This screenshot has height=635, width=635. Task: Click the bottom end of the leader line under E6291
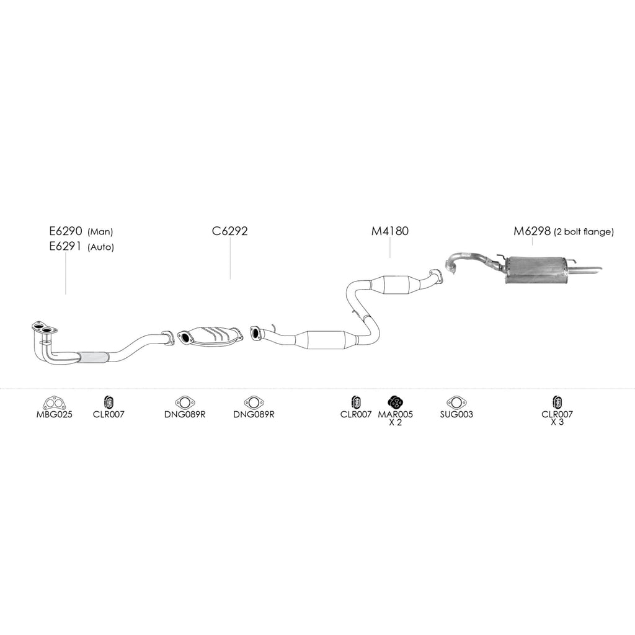click(x=66, y=294)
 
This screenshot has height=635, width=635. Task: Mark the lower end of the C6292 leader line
click(x=230, y=280)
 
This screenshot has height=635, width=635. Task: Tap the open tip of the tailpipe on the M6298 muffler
click(x=602, y=269)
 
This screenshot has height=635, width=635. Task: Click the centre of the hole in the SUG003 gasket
click(x=456, y=402)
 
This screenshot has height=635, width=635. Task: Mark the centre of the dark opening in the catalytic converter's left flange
click(x=184, y=337)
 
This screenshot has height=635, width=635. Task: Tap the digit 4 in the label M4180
click(x=384, y=231)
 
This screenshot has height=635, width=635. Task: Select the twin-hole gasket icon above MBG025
click(x=55, y=403)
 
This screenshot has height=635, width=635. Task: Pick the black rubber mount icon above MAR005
click(x=395, y=402)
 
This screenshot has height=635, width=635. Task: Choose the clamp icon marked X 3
click(x=557, y=402)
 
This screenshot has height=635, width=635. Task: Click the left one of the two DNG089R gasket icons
click(x=185, y=402)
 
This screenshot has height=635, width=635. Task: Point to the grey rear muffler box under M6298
click(x=535, y=270)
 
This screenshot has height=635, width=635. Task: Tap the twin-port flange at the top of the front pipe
click(x=44, y=328)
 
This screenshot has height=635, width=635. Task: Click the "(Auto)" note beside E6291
click(x=101, y=247)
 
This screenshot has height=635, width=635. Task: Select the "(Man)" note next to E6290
click(x=100, y=232)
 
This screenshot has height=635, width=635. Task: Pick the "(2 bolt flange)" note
click(x=584, y=232)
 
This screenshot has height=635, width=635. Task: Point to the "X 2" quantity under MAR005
click(x=395, y=422)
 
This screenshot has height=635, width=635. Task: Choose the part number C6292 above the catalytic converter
click(x=229, y=231)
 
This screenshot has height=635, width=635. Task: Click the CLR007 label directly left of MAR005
click(x=356, y=414)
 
